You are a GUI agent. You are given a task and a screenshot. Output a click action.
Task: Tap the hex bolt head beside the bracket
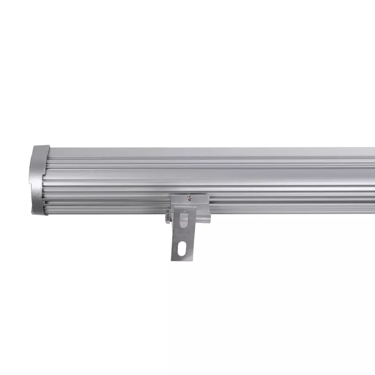168,217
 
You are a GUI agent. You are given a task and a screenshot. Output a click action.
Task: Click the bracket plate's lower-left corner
172,259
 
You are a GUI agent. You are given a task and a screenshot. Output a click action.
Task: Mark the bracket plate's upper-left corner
172,197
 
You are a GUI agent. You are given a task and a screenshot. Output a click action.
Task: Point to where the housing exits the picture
373,181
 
